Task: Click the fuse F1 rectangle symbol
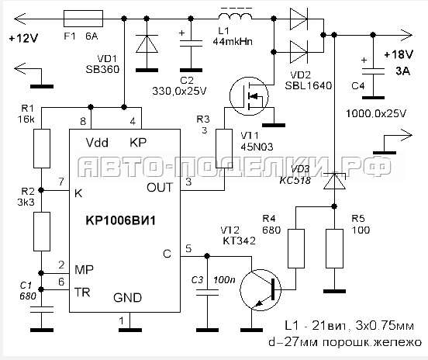click(83, 19)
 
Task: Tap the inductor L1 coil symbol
click(235, 16)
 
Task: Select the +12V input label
click(23, 38)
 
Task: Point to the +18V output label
click(399, 54)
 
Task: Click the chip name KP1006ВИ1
click(121, 220)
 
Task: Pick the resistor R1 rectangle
click(42, 148)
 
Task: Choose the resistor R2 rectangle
click(42, 231)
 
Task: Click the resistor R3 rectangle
click(224, 148)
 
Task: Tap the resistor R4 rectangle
click(296, 248)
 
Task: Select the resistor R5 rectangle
click(335, 248)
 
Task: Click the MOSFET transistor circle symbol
click(249, 96)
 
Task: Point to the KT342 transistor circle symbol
click(261, 289)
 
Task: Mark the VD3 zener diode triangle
click(334, 182)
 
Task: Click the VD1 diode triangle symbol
click(147, 43)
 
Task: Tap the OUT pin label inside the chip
click(160, 188)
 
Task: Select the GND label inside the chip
click(127, 298)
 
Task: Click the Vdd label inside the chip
click(97, 143)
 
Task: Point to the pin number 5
click(188, 248)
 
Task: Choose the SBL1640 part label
click(309, 86)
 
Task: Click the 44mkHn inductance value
click(233, 42)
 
